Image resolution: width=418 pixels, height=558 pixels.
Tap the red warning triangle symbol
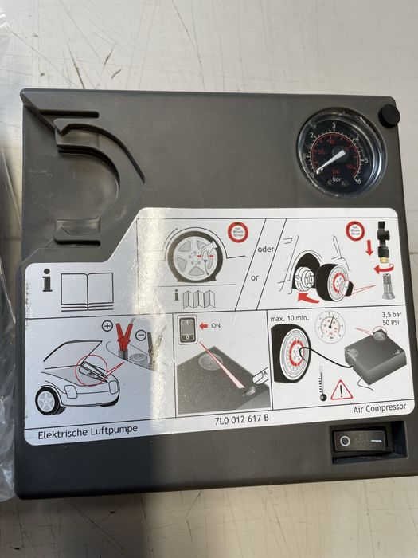pyautogui.click(x=342, y=391)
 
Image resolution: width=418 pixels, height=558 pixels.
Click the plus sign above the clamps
pyautogui.click(x=109, y=326)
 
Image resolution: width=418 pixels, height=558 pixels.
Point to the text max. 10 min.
pyautogui.click(x=290, y=319)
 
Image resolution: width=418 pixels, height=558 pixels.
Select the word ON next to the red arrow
pyautogui.click(x=216, y=325)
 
